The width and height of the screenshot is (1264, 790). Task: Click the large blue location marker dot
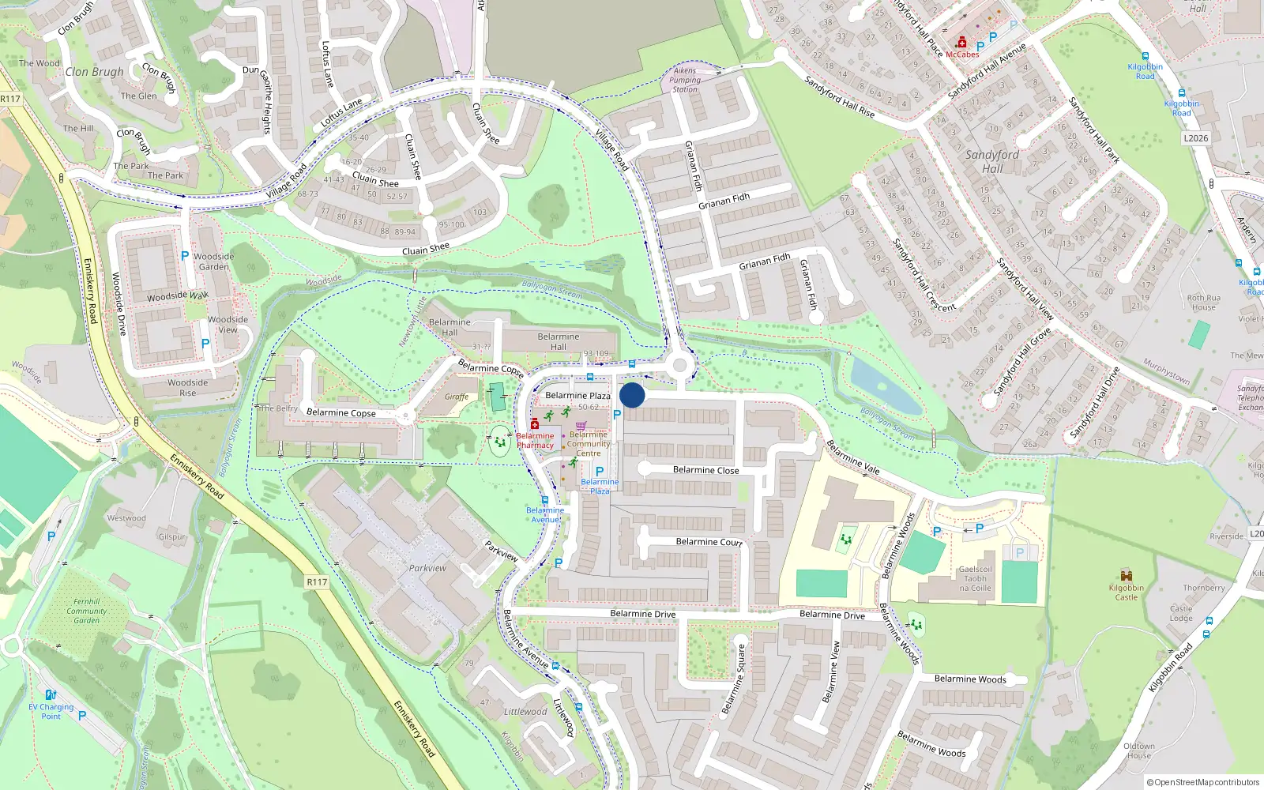pos(632,395)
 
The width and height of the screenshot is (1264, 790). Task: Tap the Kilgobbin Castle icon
pos(1127,575)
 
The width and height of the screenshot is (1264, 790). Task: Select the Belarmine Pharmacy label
pos(535,441)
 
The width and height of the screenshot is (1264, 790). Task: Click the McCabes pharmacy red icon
pos(961,43)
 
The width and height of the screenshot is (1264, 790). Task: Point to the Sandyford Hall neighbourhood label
pos(991,161)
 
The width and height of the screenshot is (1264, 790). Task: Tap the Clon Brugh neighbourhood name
pos(95,72)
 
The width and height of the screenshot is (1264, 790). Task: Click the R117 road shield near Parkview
pos(317,582)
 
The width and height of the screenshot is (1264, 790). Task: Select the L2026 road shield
pos(1195,138)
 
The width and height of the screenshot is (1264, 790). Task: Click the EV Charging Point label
pos(51,712)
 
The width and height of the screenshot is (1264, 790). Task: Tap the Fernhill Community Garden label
pos(87,611)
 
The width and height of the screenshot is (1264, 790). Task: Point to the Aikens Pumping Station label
pos(685,80)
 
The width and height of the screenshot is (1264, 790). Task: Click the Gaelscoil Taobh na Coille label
pos(975,578)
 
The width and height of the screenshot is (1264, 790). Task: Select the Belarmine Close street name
pos(705,470)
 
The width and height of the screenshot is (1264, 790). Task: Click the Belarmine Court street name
pos(709,542)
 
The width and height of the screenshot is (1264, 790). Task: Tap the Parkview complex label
pos(427,568)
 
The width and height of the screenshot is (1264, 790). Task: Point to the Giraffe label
pos(457,397)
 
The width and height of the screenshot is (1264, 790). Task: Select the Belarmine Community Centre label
pos(589,444)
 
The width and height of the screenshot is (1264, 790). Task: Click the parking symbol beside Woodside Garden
pos(185,256)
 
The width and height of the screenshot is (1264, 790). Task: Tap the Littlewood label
pos(525,712)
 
